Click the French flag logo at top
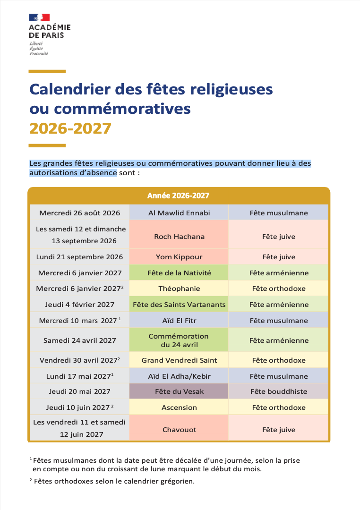39,17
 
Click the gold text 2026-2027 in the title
70,128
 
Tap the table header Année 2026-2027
179,195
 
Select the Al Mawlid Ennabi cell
179,212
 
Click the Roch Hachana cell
179,237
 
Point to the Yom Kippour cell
179,257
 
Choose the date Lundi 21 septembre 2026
79,257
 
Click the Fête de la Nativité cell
179,273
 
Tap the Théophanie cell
179,289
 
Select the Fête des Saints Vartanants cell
179,305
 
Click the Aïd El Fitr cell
179,320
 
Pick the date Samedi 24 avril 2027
79,340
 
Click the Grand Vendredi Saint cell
179,360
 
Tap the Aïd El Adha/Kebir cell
179,376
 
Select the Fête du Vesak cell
179,391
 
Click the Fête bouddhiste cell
279,391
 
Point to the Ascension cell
179,407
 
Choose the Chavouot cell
179,430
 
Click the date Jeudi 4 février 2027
79,305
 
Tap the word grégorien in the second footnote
177,481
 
